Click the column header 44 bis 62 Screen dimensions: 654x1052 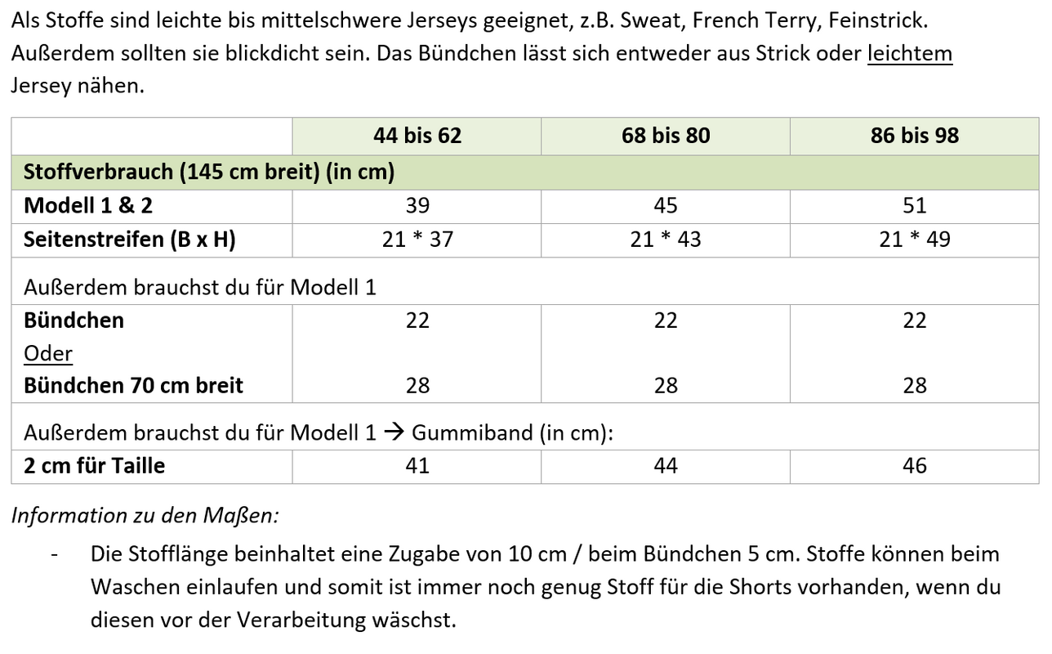click(417, 136)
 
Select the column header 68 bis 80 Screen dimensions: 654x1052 click(666, 136)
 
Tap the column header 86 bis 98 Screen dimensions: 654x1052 click(915, 136)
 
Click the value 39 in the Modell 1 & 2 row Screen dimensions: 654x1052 click(417, 206)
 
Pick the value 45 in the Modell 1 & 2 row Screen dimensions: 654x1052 click(666, 206)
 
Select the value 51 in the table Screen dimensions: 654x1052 click(915, 206)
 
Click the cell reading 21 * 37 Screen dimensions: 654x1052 click(417, 240)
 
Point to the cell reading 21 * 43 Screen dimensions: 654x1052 click(666, 240)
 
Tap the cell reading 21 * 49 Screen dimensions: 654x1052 click(915, 240)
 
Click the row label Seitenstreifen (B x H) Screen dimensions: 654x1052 click(130, 240)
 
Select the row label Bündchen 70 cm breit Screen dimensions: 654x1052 click(133, 385)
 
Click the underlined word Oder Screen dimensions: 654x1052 click(48, 353)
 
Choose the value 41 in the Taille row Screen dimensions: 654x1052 click(417, 466)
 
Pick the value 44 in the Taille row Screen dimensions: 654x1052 click(666, 466)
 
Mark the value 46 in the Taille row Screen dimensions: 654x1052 click(915, 466)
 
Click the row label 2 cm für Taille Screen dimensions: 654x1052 click(94, 466)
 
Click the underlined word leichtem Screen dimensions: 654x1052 click(909, 54)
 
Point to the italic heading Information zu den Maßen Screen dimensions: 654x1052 click(145, 516)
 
